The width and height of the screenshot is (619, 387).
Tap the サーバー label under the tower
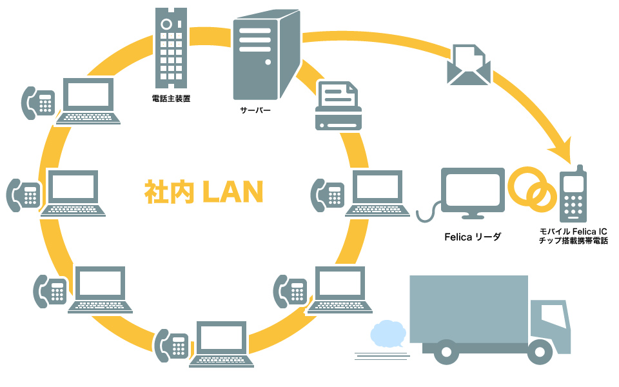tap(255, 110)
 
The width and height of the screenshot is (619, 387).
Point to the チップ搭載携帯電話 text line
tap(573, 241)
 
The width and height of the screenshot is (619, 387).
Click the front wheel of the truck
tap(539, 352)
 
